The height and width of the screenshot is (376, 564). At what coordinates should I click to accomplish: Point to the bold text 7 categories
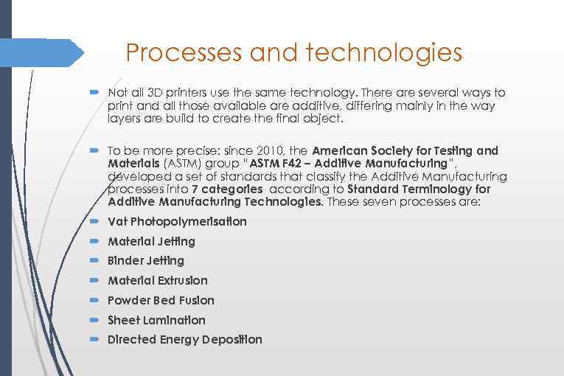click(x=226, y=189)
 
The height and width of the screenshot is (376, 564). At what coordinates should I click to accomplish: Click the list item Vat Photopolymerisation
click(x=177, y=222)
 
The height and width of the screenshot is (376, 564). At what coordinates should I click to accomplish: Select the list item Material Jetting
click(x=151, y=242)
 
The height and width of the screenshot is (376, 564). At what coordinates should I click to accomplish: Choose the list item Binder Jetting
click(x=146, y=261)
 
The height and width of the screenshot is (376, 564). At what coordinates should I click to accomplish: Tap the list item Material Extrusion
click(x=158, y=281)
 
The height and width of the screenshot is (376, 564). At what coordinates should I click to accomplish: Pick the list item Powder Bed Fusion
click(x=161, y=301)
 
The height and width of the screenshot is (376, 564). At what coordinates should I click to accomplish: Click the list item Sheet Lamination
click(x=156, y=321)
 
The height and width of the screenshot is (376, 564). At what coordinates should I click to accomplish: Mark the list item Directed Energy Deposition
click(x=184, y=340)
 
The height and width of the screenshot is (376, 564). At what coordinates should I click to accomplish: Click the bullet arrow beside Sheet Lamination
click(x=94, y=320)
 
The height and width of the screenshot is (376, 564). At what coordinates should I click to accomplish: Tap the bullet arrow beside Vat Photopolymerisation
click(x=94, y=221)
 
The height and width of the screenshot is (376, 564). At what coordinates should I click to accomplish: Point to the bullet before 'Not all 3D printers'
click(x=94, y=93)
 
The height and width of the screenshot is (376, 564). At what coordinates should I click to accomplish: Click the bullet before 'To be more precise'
click(x=94, y=150)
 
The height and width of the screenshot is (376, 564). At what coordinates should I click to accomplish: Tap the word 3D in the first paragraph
click(x=155, y=94)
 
